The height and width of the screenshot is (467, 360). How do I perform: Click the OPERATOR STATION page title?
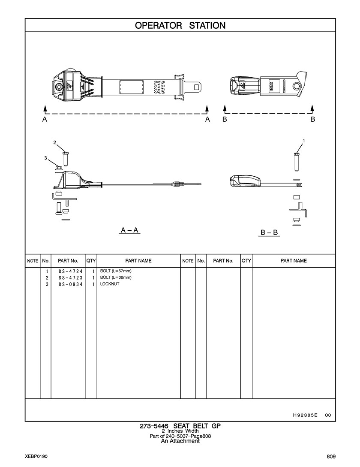(x=180, y=25)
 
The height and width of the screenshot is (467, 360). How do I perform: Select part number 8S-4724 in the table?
(x=70, y=271)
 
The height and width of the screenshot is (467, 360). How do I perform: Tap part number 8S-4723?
(x=70, y=278)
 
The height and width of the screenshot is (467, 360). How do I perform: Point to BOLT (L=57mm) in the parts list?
(x=116, y=271)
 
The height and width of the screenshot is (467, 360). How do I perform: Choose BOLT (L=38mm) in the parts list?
(x=116, y=278)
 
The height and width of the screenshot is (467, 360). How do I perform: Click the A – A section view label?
(x=129, y=231)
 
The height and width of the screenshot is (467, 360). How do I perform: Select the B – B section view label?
(x=270, y=233)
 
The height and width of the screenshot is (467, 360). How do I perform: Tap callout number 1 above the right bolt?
(x=304, y=141)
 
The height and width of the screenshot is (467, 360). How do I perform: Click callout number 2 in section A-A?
(x=54, y=142)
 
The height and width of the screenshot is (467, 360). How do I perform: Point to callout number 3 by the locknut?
(x=45, y=158)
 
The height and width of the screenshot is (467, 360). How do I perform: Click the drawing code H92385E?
(x=305, y=415)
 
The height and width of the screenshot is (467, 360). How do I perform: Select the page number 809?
(x=330, y=456)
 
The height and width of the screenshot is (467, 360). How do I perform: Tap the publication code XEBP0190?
(x=36, y=456)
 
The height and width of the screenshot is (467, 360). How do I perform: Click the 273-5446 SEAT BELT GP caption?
(x=180, y=426)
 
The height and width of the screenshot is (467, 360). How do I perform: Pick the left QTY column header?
(x=91, y=261)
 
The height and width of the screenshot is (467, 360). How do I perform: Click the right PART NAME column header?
(x=294, y=261)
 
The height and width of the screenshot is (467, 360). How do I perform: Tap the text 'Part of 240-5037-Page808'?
(x=180, y=436)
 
